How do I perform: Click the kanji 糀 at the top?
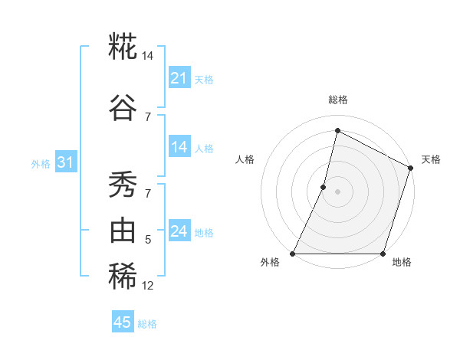pyautogui.click(x=123, y=47)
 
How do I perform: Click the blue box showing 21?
pyautogui.click(x=179, y=78)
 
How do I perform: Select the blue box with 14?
pyautogui.click(x=179, y=147)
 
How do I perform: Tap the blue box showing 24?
pyautogui.click(x=179, y=231)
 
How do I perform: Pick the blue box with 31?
pyautogui.click(x=65, y=162)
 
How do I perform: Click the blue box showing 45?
pyautogui.click(x=123, y=322)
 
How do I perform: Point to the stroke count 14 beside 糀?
pyautogui.click(x=147, y=56)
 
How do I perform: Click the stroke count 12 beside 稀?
pyautogui.click(x=147, y=286)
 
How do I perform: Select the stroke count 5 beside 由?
pyautogui.click(x=148, y=240)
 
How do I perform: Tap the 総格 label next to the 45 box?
pyautogui.click(x=147, y=324)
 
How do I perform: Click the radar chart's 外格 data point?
pyautogui.click(x=293, y=254)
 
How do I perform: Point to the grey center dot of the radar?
pyautogui.click(x=337, y=191)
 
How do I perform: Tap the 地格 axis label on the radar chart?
pyautogui.click(x=402, y=262)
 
